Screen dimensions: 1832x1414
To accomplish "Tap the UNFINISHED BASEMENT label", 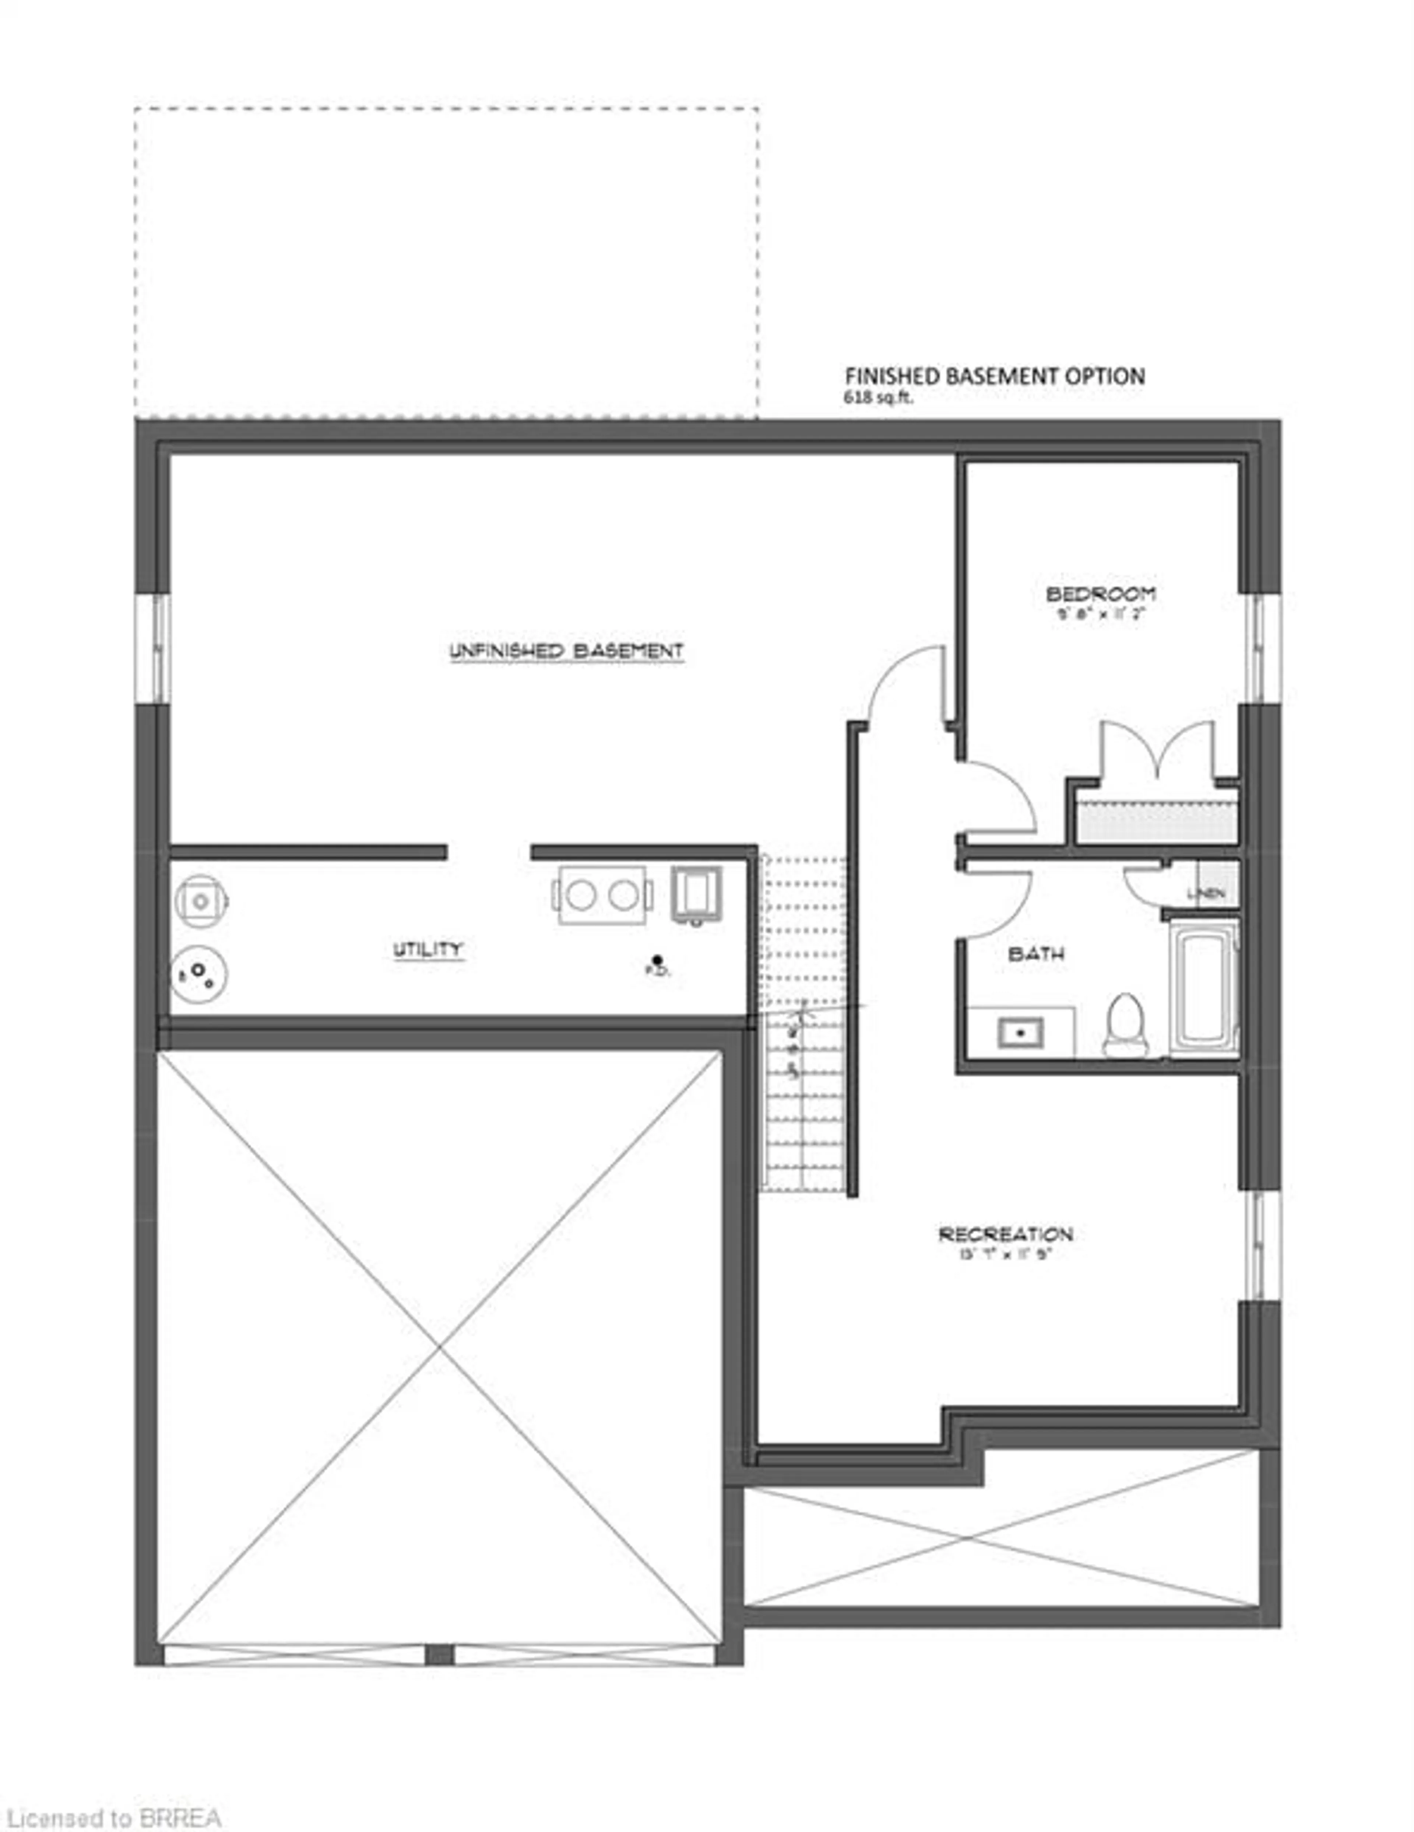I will [x=567, y=651].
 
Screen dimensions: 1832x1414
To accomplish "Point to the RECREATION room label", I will [x=1005, y=1234].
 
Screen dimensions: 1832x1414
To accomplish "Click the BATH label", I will [x=1036, y=954].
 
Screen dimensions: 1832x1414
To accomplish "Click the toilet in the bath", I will [x=1125, y=1025].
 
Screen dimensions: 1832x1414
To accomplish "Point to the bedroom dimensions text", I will [x=1100, y=613].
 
